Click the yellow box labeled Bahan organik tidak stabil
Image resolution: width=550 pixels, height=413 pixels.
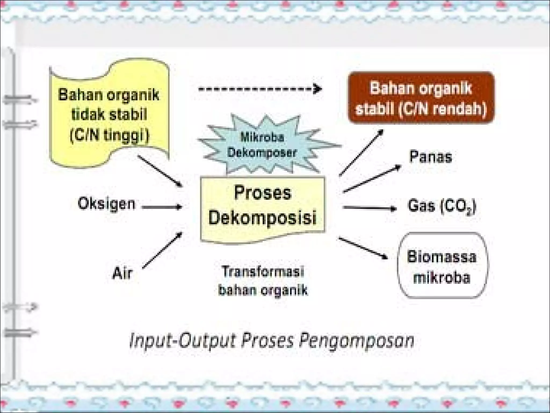[109, 114]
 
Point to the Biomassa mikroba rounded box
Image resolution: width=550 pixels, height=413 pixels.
[442, 266]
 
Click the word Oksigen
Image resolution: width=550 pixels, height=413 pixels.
[107, 204]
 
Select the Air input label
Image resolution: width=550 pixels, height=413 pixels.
[122, 273]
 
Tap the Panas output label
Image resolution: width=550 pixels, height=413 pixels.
[430, 157]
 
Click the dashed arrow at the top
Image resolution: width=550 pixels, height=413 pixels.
[259, 89]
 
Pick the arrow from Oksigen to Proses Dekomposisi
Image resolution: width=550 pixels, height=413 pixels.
[162, 207]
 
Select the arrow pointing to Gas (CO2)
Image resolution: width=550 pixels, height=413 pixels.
[370, 208]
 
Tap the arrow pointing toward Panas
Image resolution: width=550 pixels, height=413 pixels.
[372, 179]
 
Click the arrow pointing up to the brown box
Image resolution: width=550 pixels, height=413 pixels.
[361, 153]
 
